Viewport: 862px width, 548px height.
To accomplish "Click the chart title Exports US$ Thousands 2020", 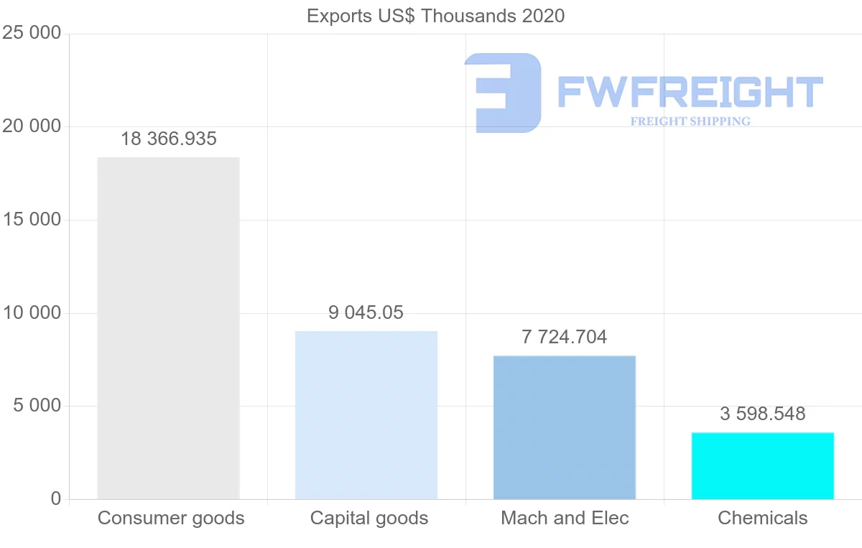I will [435, 16].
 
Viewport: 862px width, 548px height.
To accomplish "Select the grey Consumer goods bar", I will [168, 328].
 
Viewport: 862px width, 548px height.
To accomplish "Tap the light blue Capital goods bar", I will [366, 415].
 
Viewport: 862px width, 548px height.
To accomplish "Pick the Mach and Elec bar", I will [565, 427].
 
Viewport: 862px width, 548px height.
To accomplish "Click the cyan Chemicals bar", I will [763, 465].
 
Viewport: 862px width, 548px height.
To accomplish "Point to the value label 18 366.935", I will [168, 139].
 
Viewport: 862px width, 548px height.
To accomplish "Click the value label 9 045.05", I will [366, 313].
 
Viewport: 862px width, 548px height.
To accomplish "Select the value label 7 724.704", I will [565, 337].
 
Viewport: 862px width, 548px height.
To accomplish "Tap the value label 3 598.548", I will [763, 414].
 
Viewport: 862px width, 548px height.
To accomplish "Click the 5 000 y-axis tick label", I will [37, 406].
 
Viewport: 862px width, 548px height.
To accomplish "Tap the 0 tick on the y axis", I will [56, 499].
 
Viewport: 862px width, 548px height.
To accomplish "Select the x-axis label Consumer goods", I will [171, 518].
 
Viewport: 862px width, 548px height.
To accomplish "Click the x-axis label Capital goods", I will [369, 518].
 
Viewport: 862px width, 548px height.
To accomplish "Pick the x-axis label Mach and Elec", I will [565, 518].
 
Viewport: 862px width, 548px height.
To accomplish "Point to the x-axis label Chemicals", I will [763, 518].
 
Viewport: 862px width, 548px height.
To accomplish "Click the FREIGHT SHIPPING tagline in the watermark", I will [690, 121].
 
